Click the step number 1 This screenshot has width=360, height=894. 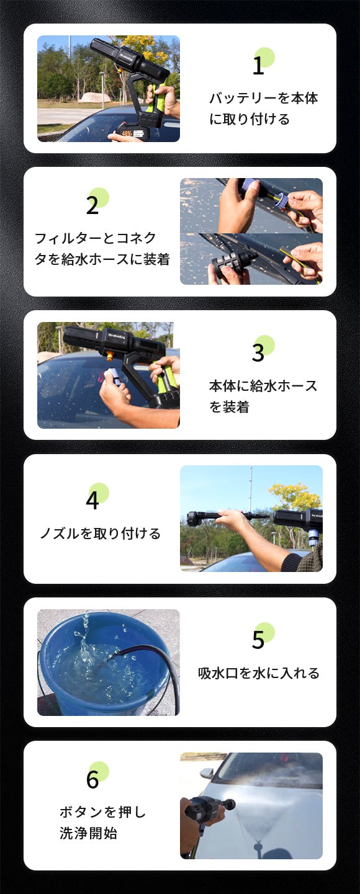click(258, 65)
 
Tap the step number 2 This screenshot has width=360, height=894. click(92, 205)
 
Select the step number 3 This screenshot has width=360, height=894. click(258, 353)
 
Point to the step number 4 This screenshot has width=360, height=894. click(92, 501)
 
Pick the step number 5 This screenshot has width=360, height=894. click(258, 640)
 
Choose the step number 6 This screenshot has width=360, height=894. click(92, 780)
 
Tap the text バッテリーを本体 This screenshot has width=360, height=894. click(263, 98)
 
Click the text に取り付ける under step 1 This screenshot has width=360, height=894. click(250, 119)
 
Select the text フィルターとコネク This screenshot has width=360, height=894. click(96, 238)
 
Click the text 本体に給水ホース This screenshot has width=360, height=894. click(263, 386)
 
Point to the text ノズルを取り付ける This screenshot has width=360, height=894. click(100, 534)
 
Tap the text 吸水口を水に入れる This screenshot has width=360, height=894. click(259, 673)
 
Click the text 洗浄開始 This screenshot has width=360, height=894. click(88, 833)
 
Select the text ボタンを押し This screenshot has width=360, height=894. click(103, 812)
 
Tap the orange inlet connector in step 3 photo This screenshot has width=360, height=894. click(110, 356)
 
